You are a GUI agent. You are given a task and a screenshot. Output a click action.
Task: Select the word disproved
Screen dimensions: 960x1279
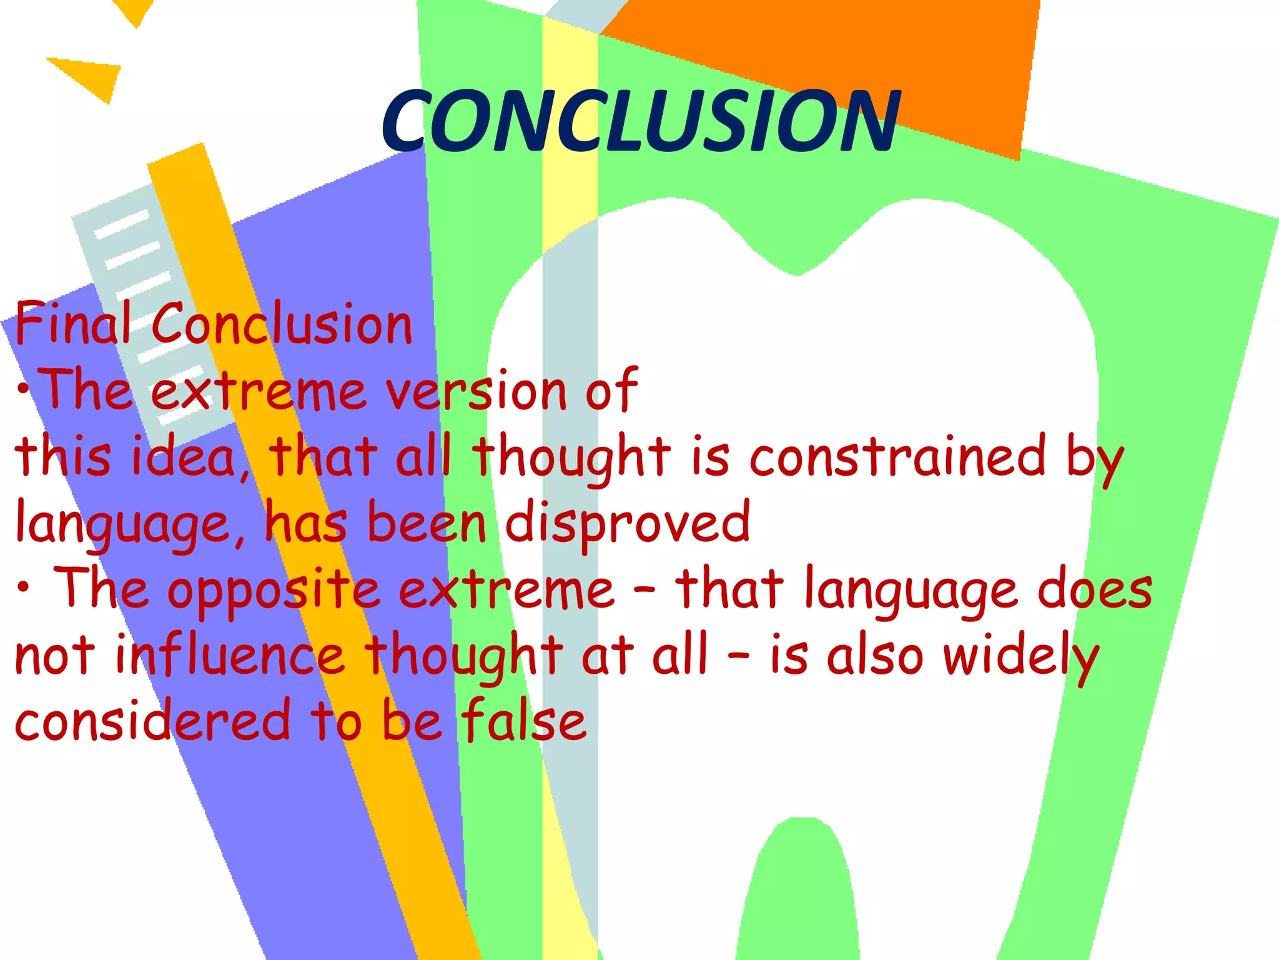(626, 522)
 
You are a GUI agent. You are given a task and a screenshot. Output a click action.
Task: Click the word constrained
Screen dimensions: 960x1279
(897, 456)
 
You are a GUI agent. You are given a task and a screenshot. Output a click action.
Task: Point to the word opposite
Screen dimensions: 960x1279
(273, 591)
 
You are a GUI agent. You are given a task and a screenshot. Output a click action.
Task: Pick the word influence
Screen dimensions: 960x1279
(230, 656)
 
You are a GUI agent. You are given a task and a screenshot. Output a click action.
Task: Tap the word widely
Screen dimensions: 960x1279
(1020, 656)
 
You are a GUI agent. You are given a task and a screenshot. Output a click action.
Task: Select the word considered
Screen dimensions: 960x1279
(152, 721)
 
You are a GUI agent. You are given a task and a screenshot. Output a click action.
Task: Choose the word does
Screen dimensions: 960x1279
(1094, 589)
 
